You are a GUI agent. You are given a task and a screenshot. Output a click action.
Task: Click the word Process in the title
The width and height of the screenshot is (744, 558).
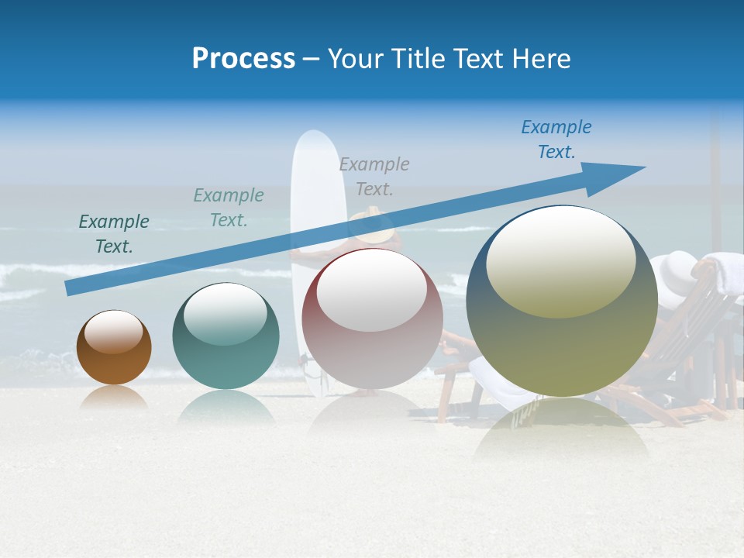click(243, 59)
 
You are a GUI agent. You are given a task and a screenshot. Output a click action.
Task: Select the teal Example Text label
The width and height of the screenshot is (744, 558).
click(229, 208)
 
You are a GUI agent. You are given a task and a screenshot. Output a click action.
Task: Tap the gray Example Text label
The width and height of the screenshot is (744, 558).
click(374, 176)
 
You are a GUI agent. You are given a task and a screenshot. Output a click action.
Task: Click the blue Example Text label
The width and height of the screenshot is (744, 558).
click(556, 139)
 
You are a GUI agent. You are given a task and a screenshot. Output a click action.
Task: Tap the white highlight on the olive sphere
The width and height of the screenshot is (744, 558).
click(560, 262)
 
